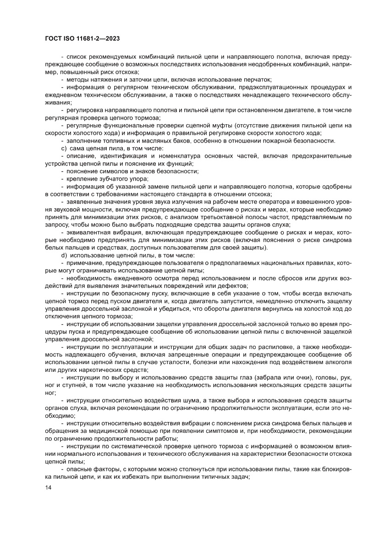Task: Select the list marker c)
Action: tap(65, 148)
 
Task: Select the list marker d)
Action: tap(65, 254)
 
